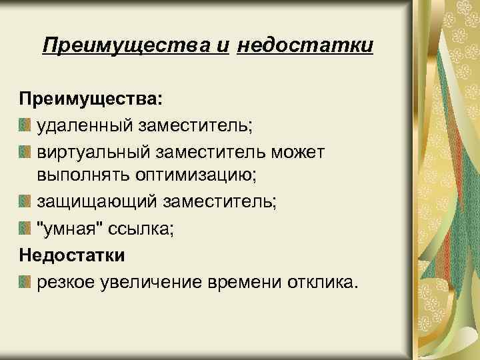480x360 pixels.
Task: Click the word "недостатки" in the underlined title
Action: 305,46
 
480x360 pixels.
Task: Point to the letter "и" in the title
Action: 223,46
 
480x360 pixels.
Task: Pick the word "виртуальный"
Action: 93,153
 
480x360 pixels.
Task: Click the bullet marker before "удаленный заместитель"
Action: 25,125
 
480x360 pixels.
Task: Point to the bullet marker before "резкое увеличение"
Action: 25,282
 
